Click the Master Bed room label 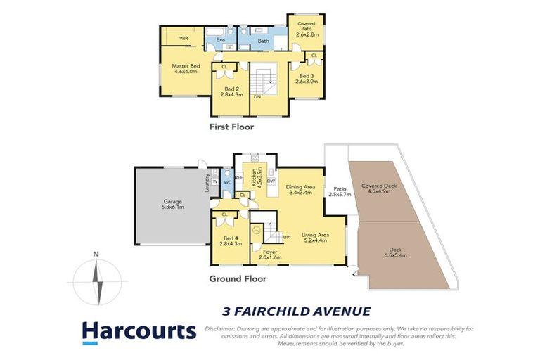[x=186, y=69]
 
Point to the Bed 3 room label [x=308, y=78]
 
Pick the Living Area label [x=315, y=238]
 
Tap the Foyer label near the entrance [x=270, y=255]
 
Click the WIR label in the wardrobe [x=184, y=38]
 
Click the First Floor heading [x=231, y=127]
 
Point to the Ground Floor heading [x=237, y=278]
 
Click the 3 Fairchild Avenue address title [x=296, y=310]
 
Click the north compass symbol [x=98, y=280]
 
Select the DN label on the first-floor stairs [x=257, y=96]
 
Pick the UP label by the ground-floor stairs [x=285, y=237]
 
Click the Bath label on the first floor [x=264, y=41]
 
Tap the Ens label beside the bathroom [x=220, y=40]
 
